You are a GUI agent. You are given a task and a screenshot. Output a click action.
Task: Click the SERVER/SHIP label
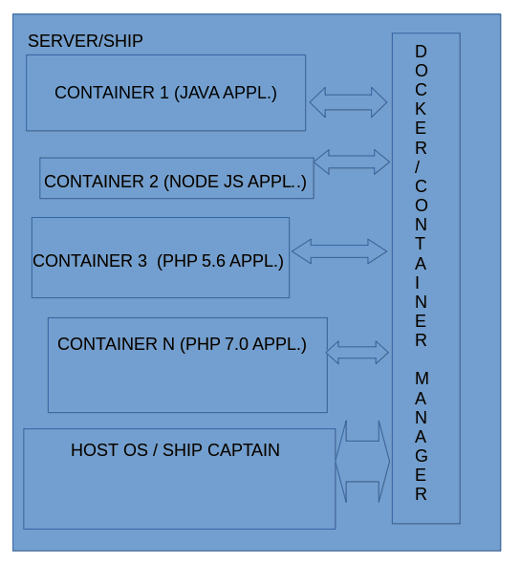coord(85,41)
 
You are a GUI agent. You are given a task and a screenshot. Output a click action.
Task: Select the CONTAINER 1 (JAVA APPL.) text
coord(165,93)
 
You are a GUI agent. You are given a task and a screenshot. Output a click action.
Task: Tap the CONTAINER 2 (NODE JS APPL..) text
coord(175,182)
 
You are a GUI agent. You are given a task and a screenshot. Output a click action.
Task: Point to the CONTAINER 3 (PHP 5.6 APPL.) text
coord(158,261)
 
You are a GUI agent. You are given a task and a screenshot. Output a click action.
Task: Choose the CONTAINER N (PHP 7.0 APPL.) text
coord(182,344)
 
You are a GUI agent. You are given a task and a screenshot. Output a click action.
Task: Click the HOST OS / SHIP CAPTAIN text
coord(175,450)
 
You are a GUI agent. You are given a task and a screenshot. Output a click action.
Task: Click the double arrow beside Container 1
coord(348,102)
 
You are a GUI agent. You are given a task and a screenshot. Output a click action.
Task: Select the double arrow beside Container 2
coord(352,162)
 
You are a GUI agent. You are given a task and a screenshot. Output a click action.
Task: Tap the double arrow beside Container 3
coord(339,251)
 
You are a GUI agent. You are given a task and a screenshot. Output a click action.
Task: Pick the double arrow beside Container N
coord(357,352)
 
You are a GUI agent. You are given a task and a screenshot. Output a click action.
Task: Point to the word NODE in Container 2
coord(192,182)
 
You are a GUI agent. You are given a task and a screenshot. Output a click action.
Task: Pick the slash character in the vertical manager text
coord(421,166)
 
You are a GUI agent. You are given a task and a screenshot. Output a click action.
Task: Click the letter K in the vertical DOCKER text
coord(421,108)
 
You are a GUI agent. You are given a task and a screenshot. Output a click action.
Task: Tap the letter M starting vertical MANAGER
coord(421,379)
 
